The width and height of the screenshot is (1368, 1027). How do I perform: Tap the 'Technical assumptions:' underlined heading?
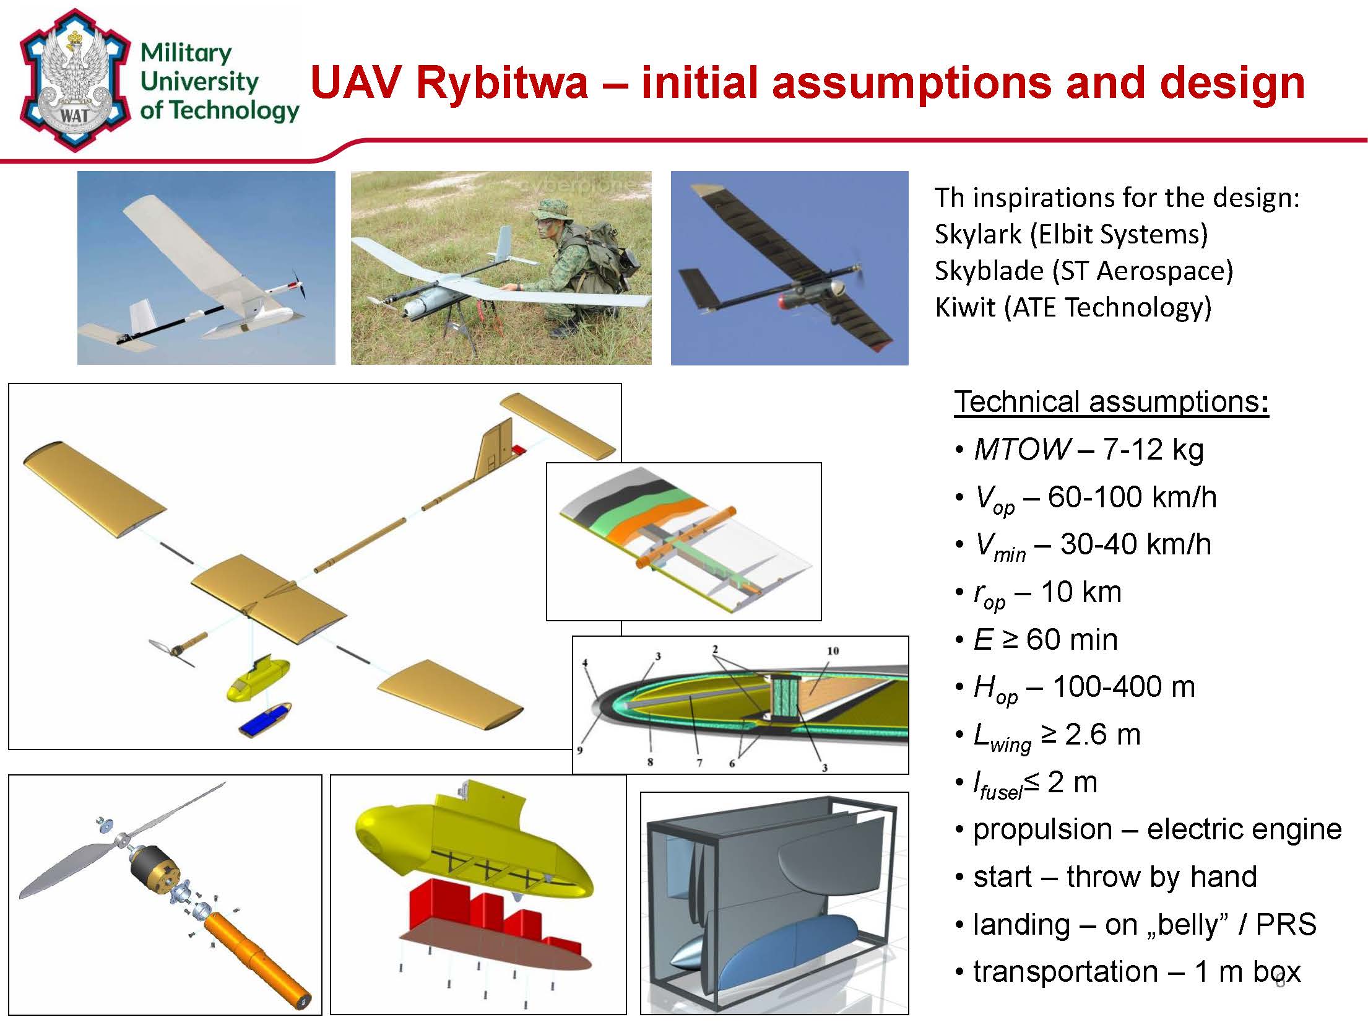click(1111, 401)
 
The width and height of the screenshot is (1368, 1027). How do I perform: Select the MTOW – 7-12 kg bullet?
click(1088, 449)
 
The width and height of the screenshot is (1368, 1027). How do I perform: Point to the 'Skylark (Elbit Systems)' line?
click(1071, 234)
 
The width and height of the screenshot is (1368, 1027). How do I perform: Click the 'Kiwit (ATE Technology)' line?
click(1073, 307)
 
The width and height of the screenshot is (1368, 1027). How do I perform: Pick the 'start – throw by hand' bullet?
click(1114, 876)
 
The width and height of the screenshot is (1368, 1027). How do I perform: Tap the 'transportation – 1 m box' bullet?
click(1136, 971)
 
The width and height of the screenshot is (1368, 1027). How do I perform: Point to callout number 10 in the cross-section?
click(833, 651)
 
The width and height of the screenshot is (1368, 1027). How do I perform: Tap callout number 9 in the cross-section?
click(580, 751)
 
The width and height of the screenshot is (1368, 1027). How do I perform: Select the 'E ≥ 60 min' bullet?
click(1046, 639)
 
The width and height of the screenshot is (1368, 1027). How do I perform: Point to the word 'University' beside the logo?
click(199, 82)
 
